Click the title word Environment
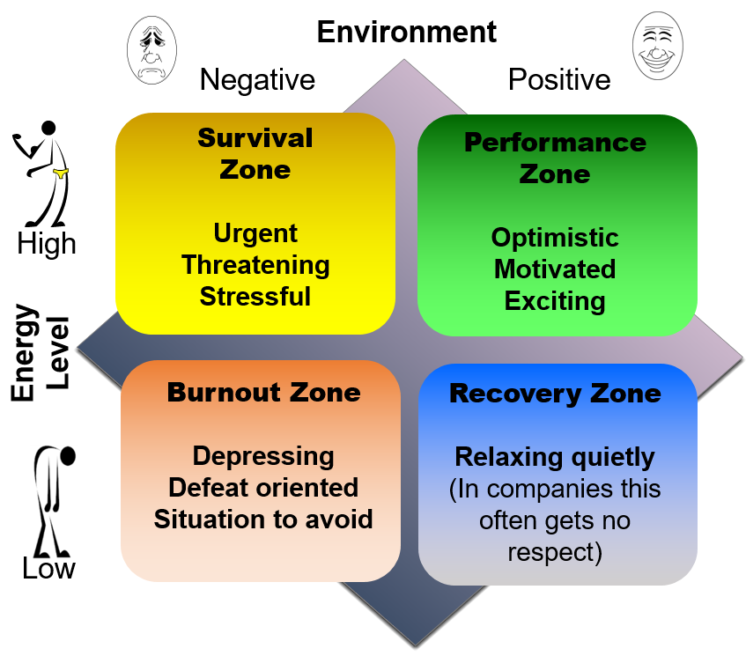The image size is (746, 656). [407, 32]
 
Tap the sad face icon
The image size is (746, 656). [154, 51]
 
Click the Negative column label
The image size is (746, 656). [257, 80]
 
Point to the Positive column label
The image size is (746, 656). [559, 80]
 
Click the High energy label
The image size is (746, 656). [47, 243]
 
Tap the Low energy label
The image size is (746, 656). [48, 569]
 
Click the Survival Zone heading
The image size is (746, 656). [255, 153]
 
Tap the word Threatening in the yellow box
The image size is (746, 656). [255, 265]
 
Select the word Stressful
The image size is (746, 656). [255, 296]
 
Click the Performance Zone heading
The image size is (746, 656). [555, 158]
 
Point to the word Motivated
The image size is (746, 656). [555, 269]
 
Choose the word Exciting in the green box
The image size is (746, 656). [555, 300]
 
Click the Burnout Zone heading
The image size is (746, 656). [264, 392]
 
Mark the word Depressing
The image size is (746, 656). [263, 456]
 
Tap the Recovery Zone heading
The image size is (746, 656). [555, 393]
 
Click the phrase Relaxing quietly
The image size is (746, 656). [555, 458]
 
